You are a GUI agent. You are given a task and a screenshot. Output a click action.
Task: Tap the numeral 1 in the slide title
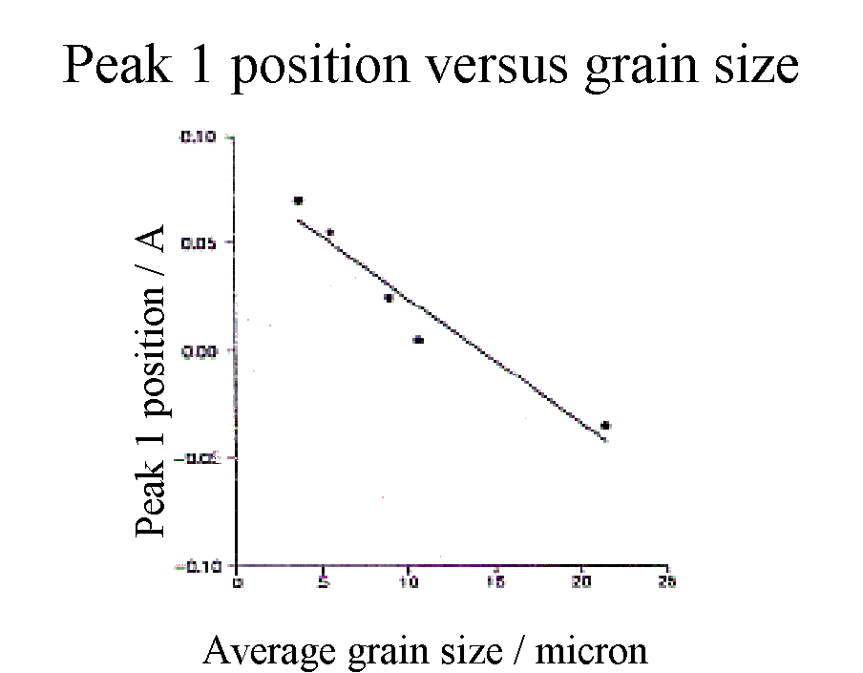click(x=209, y=65)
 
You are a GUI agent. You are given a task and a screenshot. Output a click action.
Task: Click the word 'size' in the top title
click(x=751, y=65)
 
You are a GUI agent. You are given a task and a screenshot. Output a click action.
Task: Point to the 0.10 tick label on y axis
click(x=199, y=137)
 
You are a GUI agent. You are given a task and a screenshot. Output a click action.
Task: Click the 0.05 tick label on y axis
click(x=199, y=242)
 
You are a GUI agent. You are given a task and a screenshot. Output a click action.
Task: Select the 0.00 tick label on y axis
click(x=199, y=351)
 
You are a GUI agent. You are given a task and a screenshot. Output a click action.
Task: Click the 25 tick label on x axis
click(x=667, y=581)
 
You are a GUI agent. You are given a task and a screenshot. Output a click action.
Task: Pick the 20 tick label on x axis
click(x=581, y=581)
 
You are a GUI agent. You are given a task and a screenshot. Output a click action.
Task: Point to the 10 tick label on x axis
click(x=409, y=581)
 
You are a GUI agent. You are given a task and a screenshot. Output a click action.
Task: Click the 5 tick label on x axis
click(x=324, y=581)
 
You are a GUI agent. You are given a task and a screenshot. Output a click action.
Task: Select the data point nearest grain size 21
click(x=605, y=426)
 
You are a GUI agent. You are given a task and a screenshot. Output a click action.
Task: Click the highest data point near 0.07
click(x=299, y=200)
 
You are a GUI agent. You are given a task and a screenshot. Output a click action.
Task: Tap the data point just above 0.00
click(x=418, y=340)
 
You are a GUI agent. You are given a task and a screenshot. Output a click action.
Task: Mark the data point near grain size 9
click(x=389, y=298)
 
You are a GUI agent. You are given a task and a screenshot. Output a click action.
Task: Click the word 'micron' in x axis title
click(x=591, y=651)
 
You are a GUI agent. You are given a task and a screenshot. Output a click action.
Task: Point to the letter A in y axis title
click(x=150, y=242)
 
